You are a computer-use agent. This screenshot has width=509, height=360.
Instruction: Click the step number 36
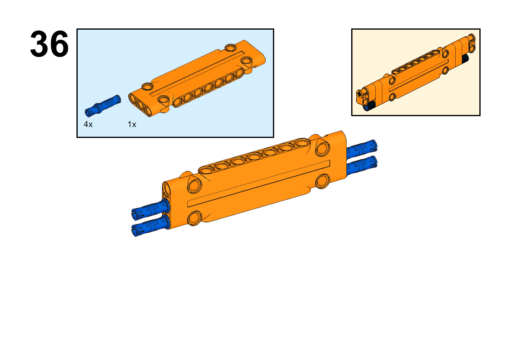(x=49, y=44)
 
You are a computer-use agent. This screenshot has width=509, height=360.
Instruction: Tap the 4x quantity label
(x=88, y=124)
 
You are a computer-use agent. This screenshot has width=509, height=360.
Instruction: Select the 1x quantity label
(x=132, y=124)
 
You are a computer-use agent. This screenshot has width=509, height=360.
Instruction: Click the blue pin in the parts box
(x=103, y=106)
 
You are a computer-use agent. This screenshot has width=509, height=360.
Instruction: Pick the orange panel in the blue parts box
(x=197, y=78)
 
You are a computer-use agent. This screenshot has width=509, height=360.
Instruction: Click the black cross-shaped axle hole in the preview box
(x=359, y=93)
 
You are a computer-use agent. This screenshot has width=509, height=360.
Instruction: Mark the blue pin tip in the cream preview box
(x=366, y=108)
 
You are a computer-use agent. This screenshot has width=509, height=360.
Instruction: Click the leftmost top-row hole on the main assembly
(x=206, y=170)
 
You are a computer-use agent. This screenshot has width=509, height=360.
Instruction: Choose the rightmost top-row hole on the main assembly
(x=302, y=142)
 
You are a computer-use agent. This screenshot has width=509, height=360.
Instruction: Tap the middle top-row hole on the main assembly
(x=254, y=156)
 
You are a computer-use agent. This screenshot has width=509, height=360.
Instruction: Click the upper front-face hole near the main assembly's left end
(x=195, y=186)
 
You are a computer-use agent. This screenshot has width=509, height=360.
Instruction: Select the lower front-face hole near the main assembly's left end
(x=195, y=218)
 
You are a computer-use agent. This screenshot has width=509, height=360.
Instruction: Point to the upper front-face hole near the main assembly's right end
(x=323, y=149)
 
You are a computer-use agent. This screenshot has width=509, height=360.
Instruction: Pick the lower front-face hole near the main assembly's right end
(x=323, y=181)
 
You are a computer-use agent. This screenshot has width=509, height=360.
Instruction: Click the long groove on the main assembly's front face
(x=259, y=184)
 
